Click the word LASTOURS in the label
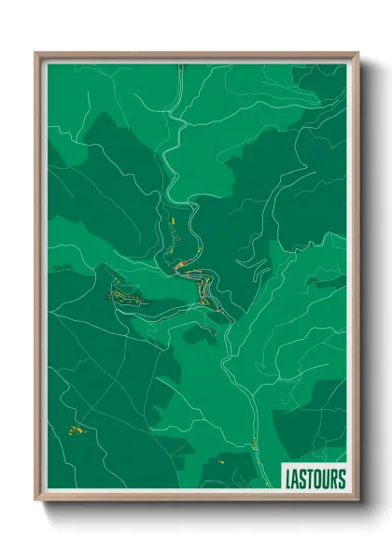pyautogui.click(x=315, y=479)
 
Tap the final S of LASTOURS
pyautogui.click(x=343, y=479)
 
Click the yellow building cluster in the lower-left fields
pyautogui.click(x=74, y=430)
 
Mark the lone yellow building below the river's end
pyautogui.click(x=223, y=459)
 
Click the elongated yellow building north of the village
pyautogui.click(x=173, y=220)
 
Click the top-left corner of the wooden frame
pyautogui.click(x=36, y=54)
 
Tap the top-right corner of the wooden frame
pyautogui.click(x=357, y=54)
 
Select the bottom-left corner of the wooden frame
pyautogui.click(x=36, y=500)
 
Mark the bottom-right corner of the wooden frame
pyautogui.click(x=357, y=500)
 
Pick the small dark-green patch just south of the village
pyautogui.click(x=198, y=331)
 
